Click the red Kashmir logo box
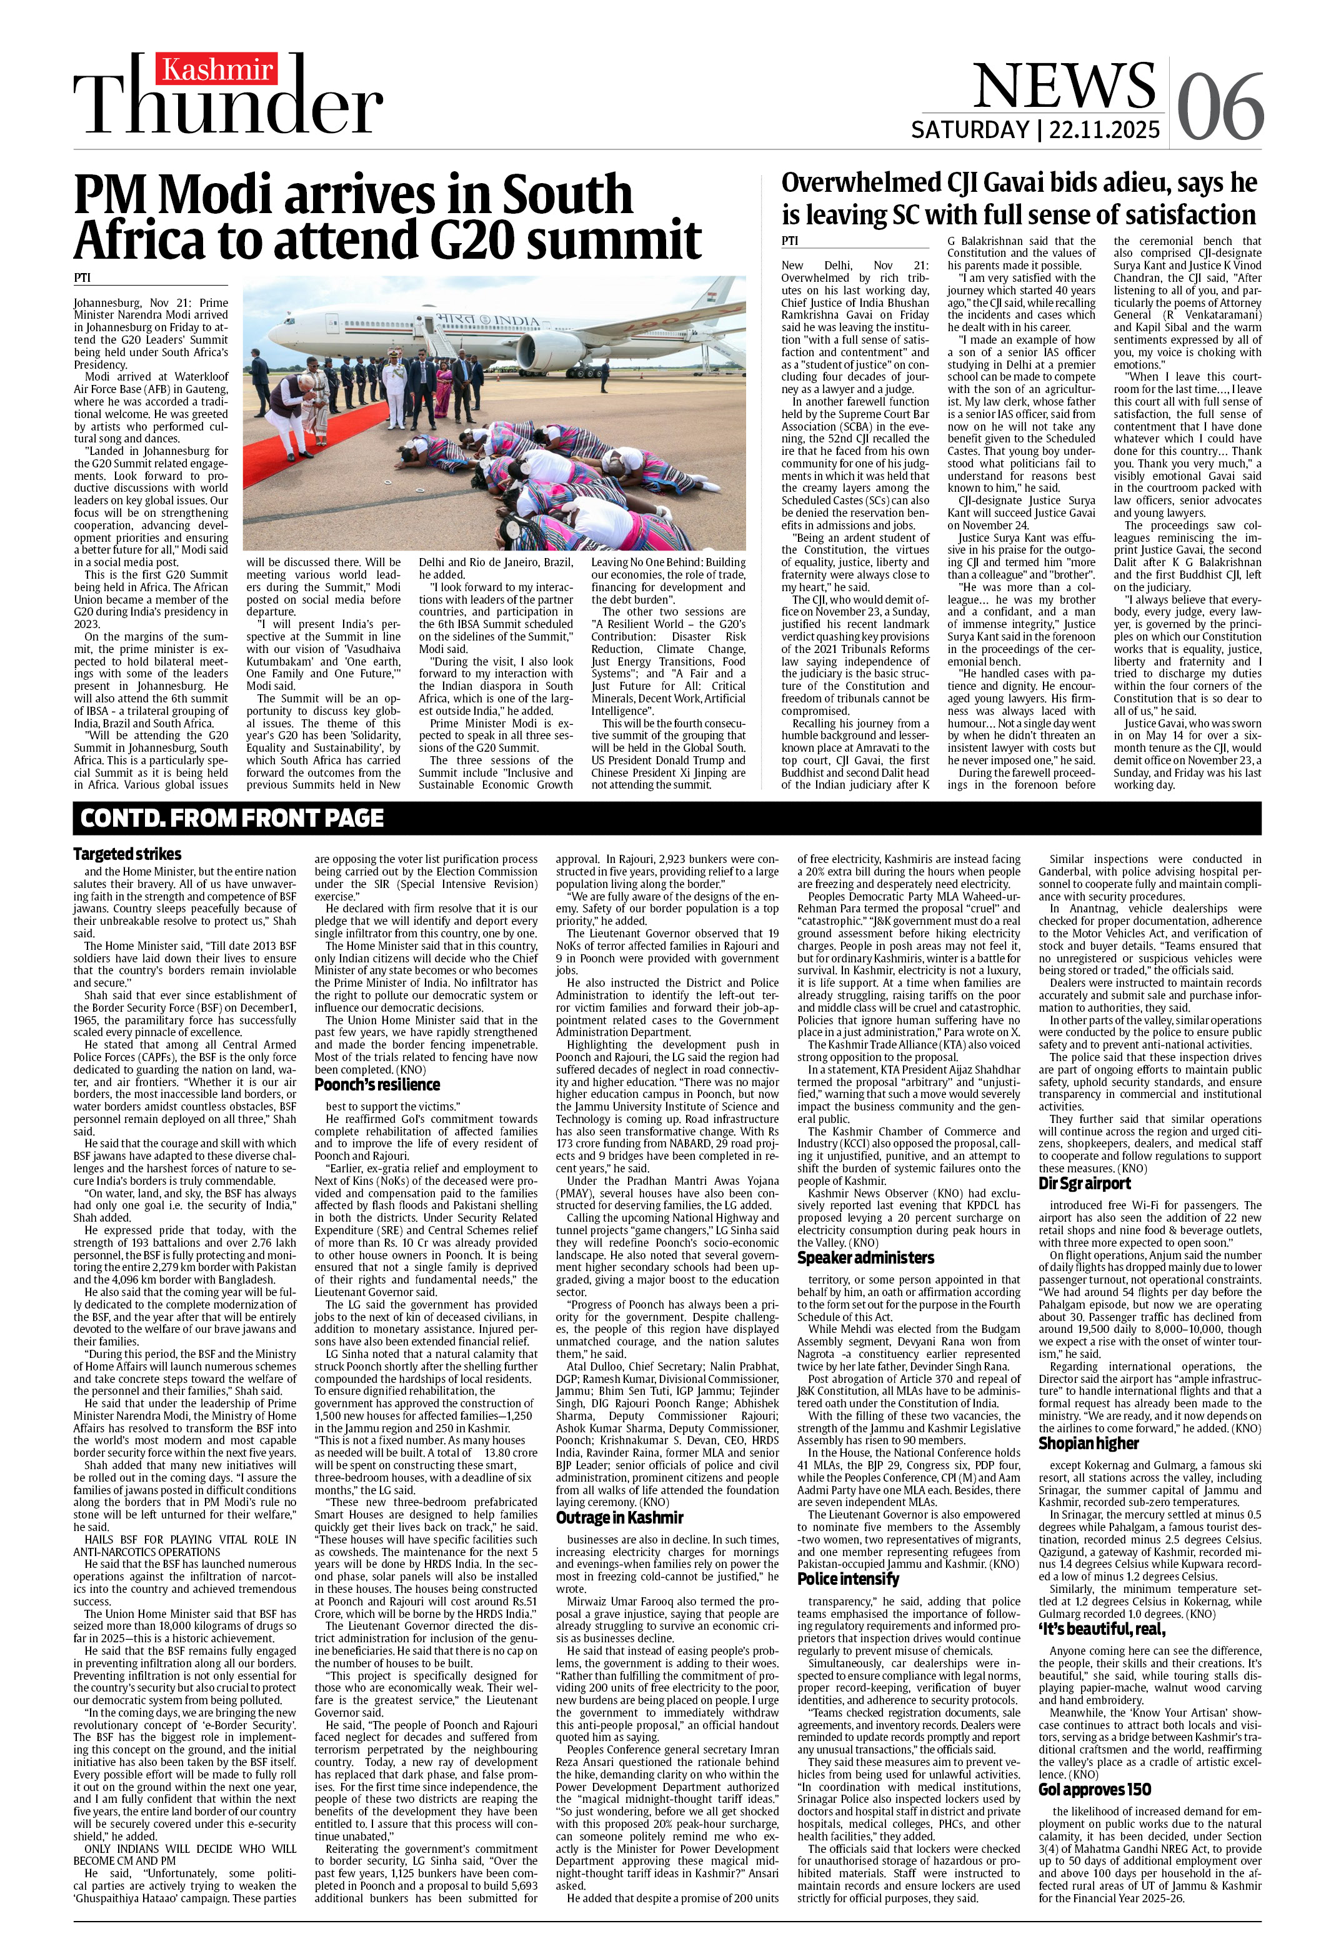pyautogui.click(x=218, y=71)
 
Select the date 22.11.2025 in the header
pyautogui.click(x=1105, y=129)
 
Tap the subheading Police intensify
pyautogui.click(x=849, y=1578)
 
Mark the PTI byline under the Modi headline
pyautogui.click(x=82, y=276)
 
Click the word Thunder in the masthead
pyautogui.click(x=228, y=107)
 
